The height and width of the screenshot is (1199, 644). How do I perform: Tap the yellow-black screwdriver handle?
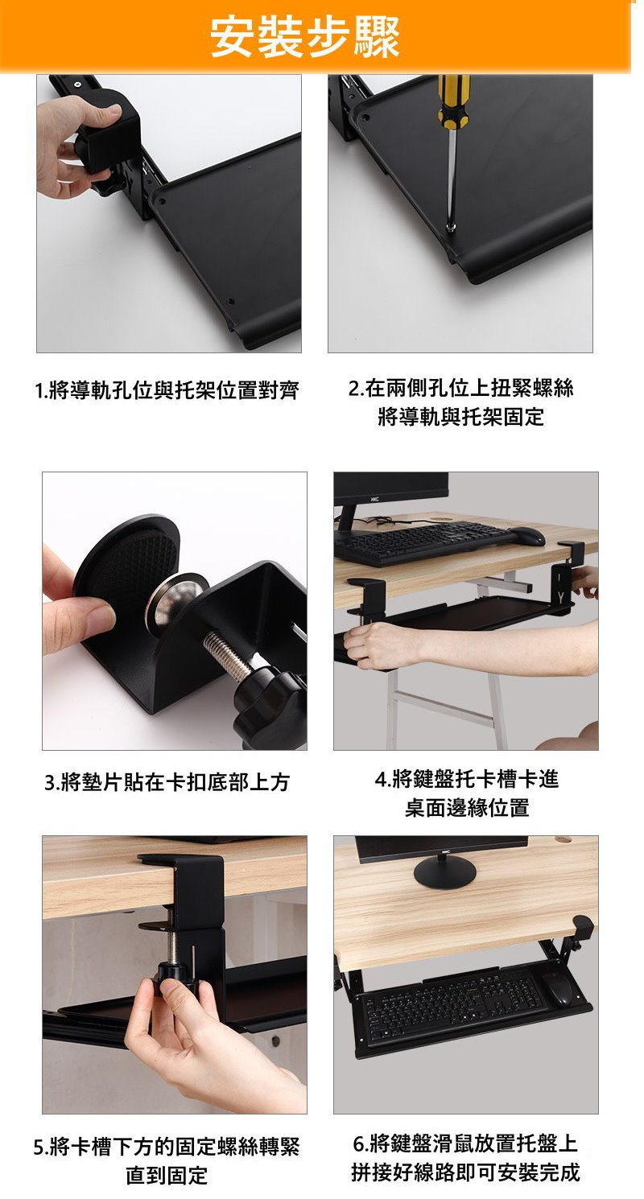click(454, 101)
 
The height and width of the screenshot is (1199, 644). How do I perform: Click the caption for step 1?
click(167, 390)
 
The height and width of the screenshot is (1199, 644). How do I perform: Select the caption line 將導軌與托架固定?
click(460, 416)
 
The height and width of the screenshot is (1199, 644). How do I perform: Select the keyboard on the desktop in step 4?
click(423, 543)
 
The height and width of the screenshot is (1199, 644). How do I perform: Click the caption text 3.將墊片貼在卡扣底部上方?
click(167, 782)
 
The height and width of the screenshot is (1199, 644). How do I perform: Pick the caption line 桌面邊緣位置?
click(467, 807)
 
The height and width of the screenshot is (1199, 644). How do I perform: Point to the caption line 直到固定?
click(167, 1175)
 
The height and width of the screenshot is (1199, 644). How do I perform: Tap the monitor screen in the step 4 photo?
click(390, 488)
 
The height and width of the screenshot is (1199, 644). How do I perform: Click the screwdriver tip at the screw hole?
click(452, 227)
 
